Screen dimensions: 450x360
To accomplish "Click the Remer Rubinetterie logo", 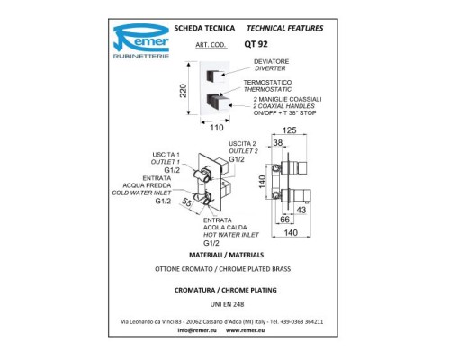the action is [x=141, y=41].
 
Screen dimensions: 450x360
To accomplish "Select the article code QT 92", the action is [x=256, y=44].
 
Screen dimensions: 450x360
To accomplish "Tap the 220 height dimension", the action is [x=183, y=91].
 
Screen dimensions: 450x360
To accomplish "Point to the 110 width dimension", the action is [x=216, y=128].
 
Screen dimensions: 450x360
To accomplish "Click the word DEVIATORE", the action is [x=272, y=61].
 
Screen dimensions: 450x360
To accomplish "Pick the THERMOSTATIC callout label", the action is [x=267, y=89].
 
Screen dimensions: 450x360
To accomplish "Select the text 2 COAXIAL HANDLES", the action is [x=283, y=106].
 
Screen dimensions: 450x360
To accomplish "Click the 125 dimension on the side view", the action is [x=290, y=130].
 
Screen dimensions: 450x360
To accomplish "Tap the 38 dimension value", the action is [x=278, y=143].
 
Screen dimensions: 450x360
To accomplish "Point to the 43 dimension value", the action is [x=301, y=210].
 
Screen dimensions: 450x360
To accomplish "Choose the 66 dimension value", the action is [x=284, y=220].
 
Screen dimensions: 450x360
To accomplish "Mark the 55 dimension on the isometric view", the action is [x=186, y=202].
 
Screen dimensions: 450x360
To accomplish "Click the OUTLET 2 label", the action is [x=243, y=151].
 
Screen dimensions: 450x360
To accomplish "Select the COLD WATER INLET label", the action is [x=141, y=193].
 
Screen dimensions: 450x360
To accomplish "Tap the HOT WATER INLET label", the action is [x=231, y=235].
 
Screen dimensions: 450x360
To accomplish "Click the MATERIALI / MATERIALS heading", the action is [x=227, y=255].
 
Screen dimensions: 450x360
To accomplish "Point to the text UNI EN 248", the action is [x=227, y=304].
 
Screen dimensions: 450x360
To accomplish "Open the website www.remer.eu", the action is [x=246, y=330].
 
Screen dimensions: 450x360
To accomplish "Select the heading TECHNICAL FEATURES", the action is [x=285, y=28].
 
